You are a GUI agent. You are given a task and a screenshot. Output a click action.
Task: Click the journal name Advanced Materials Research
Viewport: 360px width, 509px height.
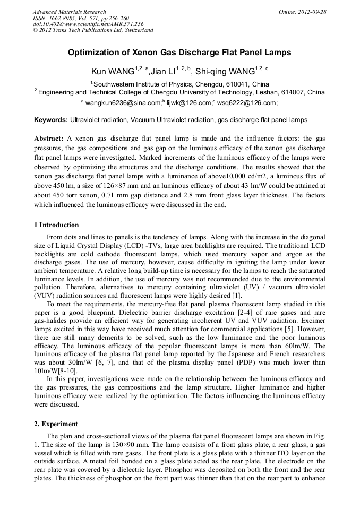coord(69,12)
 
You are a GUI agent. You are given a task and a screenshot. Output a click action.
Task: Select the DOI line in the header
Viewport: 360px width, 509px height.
coord(88,24)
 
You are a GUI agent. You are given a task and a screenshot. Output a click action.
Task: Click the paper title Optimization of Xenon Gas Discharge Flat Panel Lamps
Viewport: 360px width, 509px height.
coord(179,53)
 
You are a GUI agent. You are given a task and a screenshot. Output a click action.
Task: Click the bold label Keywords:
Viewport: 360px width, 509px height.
coord(50,120)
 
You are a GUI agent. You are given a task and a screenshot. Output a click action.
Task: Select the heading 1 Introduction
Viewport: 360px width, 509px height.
coord(56,225)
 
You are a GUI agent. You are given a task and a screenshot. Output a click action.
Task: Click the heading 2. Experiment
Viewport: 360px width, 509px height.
coord(55,424)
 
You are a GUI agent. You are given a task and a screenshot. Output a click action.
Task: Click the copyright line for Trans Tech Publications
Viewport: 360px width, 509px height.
coord(93,30)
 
